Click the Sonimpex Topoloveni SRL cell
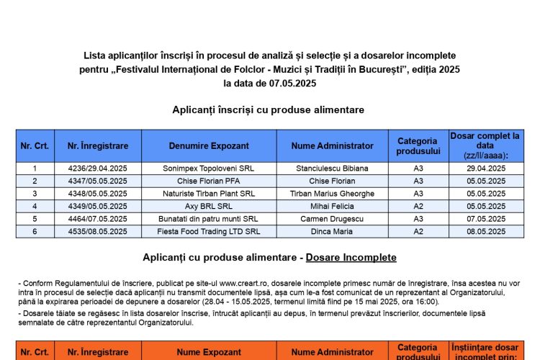tap(209, 168)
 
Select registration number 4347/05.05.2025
tap(97, 181)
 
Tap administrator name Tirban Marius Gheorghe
tap(332, 193)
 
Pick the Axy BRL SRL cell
tap(209, 206)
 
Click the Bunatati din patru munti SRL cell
tap(209, 218)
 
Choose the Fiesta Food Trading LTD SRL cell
tap(209, 231)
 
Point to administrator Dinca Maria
tap(332, 231)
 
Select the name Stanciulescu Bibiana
tap(332, 168)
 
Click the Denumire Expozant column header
tap(209, 145)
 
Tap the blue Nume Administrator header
tap(332, 145)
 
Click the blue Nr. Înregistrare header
tap(97, 145)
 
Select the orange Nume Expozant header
tap(209, 353)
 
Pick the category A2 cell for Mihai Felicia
tap(418, 206)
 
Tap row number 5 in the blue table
tap(35, 218)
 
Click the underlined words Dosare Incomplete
tap(351, 257)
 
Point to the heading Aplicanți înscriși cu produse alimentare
tap(268, 109)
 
